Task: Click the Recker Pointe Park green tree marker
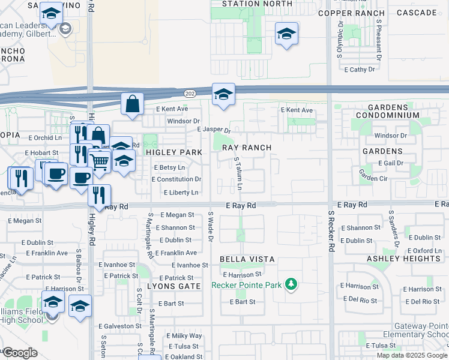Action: [291, 283]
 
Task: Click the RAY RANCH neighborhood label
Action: [247, 148]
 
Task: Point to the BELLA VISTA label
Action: [247, 259]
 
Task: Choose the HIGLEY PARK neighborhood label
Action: [173, 152]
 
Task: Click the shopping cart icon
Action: [100, 160]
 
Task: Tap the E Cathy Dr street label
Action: [358, 70]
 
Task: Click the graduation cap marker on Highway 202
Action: [223, 94]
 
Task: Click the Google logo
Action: [20, 353]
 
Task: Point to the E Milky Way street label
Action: [184, 336]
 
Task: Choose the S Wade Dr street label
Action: [211, 227]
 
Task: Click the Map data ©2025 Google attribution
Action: [411, 355]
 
